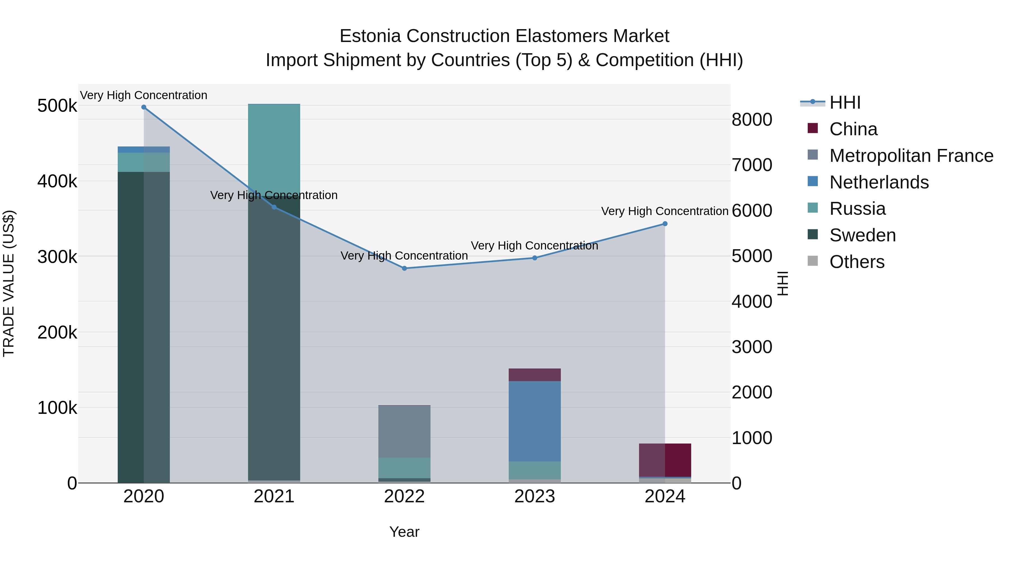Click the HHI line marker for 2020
pos(144,107)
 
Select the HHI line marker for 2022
pos(404,269)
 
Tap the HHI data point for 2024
pos(665,224)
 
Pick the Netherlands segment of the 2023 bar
pos(535,421)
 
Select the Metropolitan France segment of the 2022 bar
pos(404,431)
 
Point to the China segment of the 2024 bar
pos(665,460)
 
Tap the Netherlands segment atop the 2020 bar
pos(144,150)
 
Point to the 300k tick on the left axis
pos(57,257)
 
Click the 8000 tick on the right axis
pos(751,120)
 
